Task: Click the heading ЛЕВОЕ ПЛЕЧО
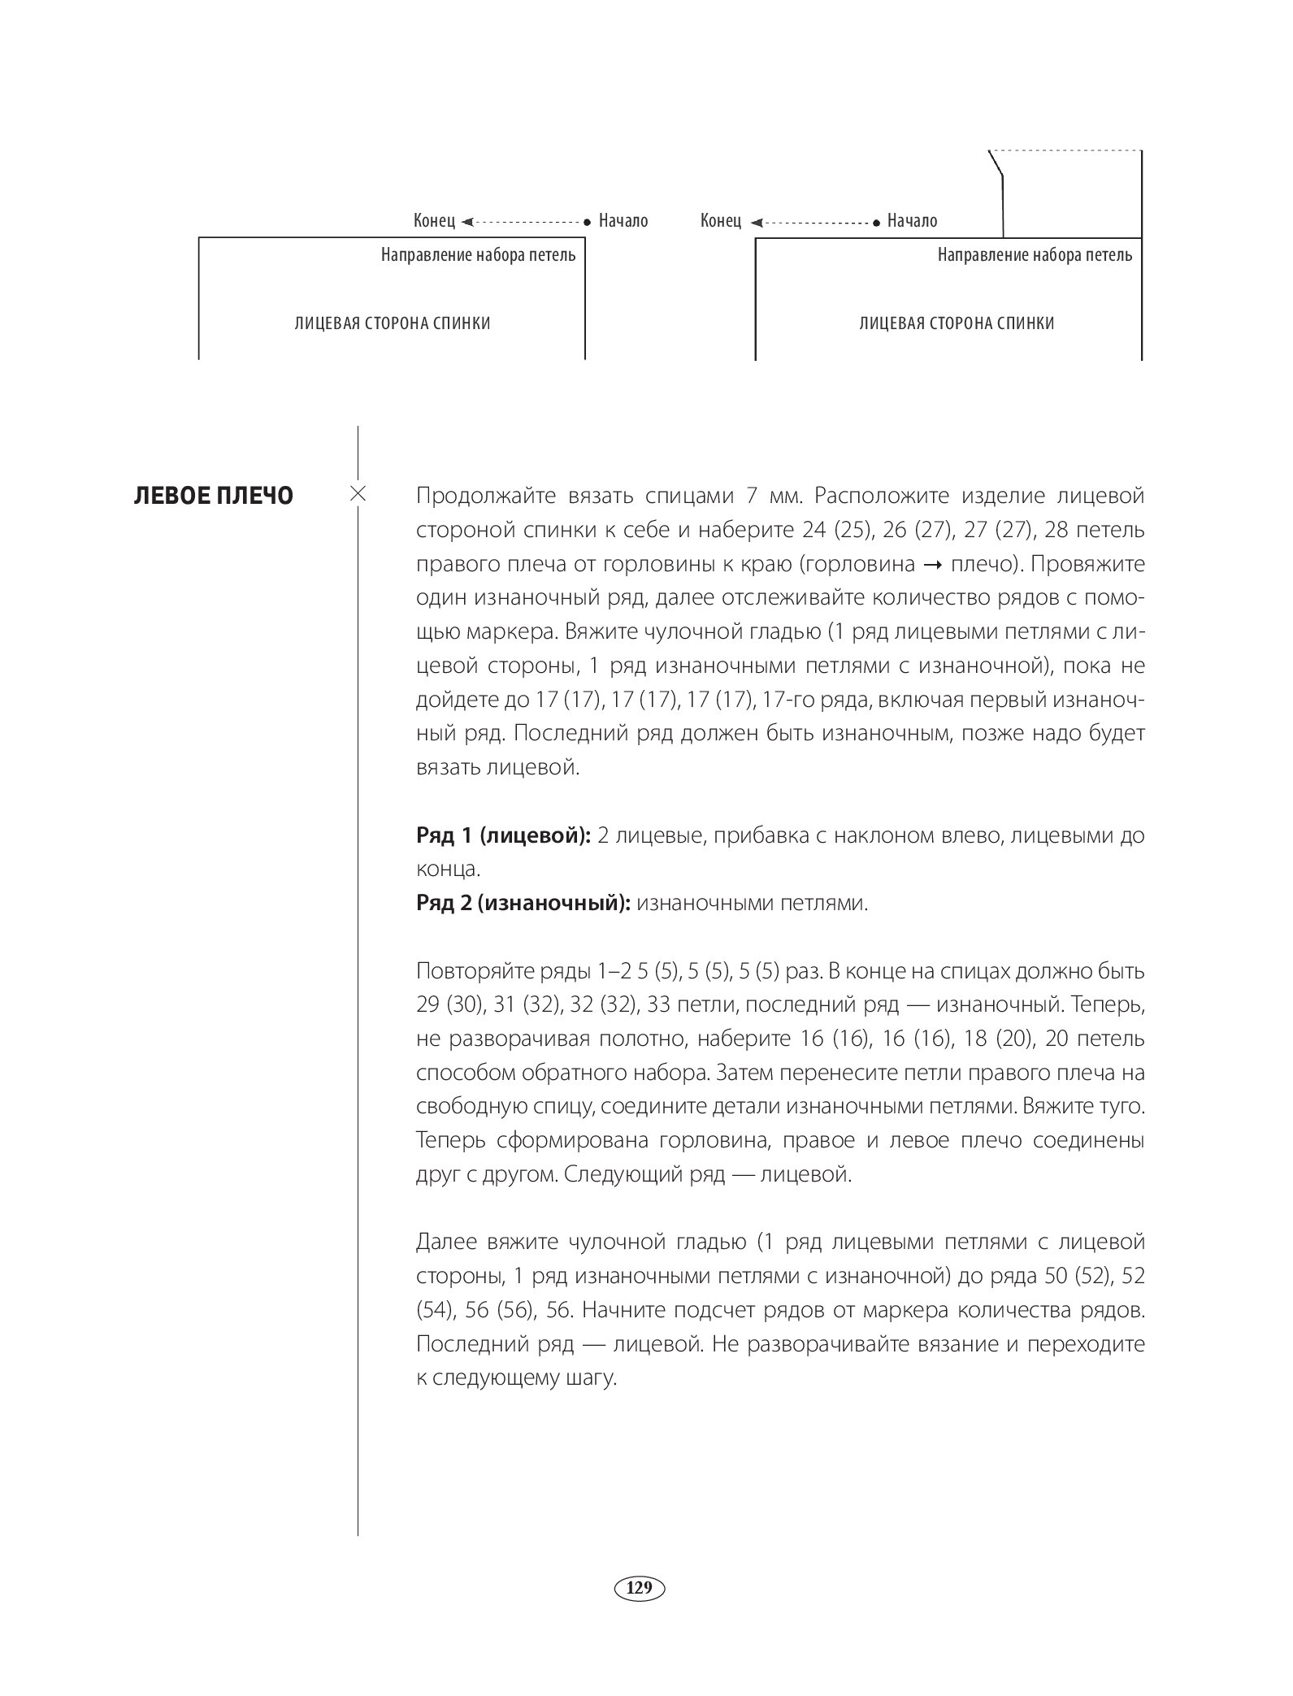point(213,496)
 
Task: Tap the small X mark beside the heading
point(358,493)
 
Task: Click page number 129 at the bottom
point(640,1587)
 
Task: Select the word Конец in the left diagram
point(434,221)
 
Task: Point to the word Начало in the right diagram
point(912,221)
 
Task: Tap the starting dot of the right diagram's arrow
point(876,221)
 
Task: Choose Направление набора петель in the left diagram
point(479,255)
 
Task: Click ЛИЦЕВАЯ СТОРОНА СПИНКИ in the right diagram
point(957,323)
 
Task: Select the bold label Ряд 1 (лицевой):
point(503,835)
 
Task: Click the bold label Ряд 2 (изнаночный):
point(523,904)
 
